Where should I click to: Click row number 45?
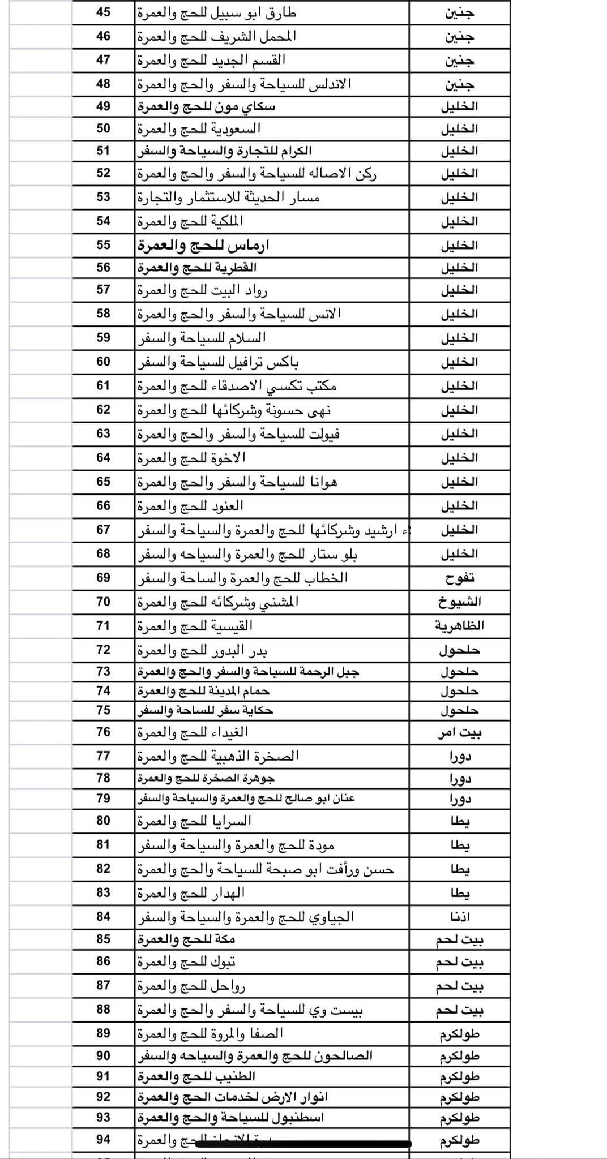point(103,12)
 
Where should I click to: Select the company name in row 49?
point(206,106)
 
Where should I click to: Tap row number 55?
point(103,245)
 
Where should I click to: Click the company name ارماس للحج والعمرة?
point(203,246)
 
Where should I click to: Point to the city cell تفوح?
point(459,578)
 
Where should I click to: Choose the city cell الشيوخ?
point(459,602)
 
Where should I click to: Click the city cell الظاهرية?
point(459,626)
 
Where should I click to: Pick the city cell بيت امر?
point(459,733)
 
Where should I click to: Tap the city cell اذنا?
point(459,917)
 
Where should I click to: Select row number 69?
point(103,578)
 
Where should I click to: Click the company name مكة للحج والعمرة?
point(186,939)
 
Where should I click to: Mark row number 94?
point(103,1139)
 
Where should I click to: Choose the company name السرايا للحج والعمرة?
point(194,821)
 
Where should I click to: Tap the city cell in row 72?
point(459,650)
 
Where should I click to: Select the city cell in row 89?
point(459,1034)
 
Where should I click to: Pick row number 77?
point(103,756)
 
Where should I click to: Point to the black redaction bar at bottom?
point(303,1144)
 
